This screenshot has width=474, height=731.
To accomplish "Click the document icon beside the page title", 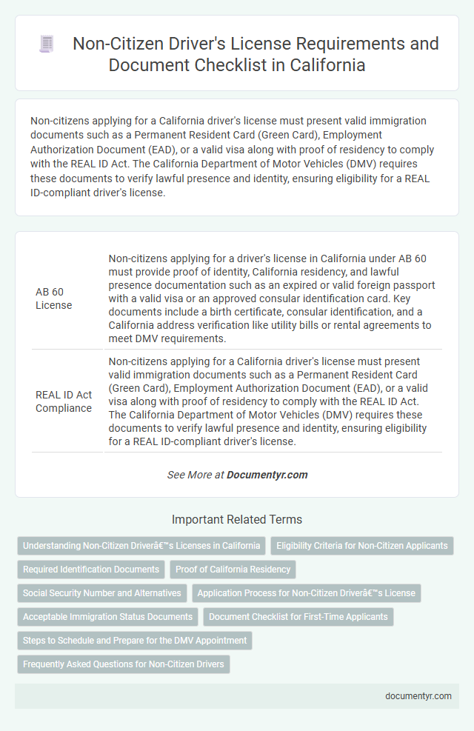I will coord(47,44).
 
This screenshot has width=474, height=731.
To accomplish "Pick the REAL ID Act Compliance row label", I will coord(64,400).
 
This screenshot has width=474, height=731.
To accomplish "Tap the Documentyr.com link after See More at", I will coord(267,475).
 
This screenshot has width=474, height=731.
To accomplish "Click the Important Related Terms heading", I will coord(236,519).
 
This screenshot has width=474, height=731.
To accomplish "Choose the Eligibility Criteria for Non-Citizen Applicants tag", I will coord(362,546).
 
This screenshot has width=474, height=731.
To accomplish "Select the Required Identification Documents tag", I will coord(91,570).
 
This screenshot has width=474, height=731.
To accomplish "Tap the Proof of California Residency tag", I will coord(233,570).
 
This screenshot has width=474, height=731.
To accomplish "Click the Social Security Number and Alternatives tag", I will coord(101,593).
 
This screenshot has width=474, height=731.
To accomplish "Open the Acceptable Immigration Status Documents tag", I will coord(107,617).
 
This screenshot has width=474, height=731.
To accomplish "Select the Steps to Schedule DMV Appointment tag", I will coord(134,641).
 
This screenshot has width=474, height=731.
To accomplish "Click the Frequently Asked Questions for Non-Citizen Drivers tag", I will coord(124,664).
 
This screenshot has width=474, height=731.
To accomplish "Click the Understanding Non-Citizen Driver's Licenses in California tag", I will coord(141,546).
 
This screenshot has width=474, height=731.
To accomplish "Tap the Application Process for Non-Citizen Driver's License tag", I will coord(307,593).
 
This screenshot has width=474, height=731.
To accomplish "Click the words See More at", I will coord(196,475).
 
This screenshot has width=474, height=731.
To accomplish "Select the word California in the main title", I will coord(321,64).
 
